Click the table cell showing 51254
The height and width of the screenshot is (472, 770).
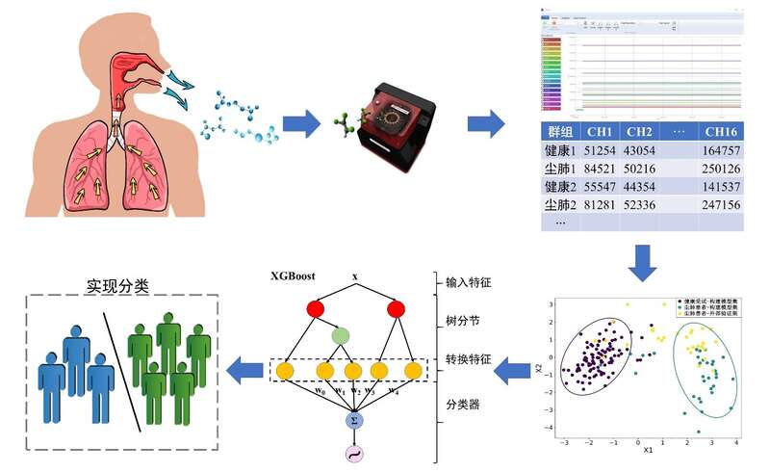click(600, 152)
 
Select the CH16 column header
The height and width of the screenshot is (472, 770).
click(721, 131)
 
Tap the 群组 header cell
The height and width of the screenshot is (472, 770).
click(559, 131)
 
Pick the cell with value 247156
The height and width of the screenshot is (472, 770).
click(721, 204)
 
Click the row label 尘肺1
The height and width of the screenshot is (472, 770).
click(559, 170)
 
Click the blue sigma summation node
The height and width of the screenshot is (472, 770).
click(351, 421)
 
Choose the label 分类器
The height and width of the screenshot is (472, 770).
click(463, 404)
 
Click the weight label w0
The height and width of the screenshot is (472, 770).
click(294, 391)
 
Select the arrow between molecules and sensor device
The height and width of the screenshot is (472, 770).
click(301, 123)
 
